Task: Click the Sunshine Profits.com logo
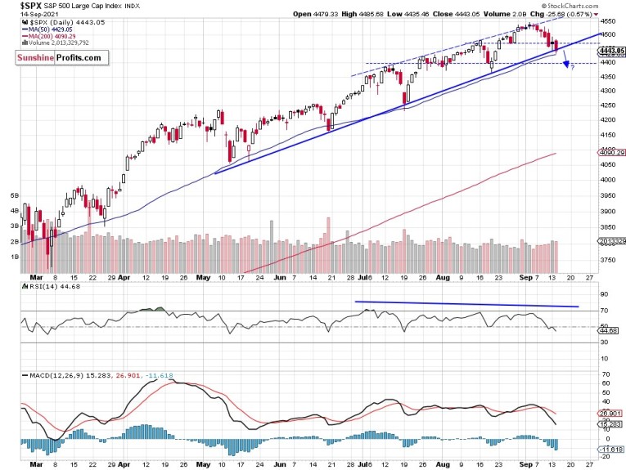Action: (65, 58)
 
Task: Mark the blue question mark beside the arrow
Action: (572, 66)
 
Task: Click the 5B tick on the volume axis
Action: (14, 197)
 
